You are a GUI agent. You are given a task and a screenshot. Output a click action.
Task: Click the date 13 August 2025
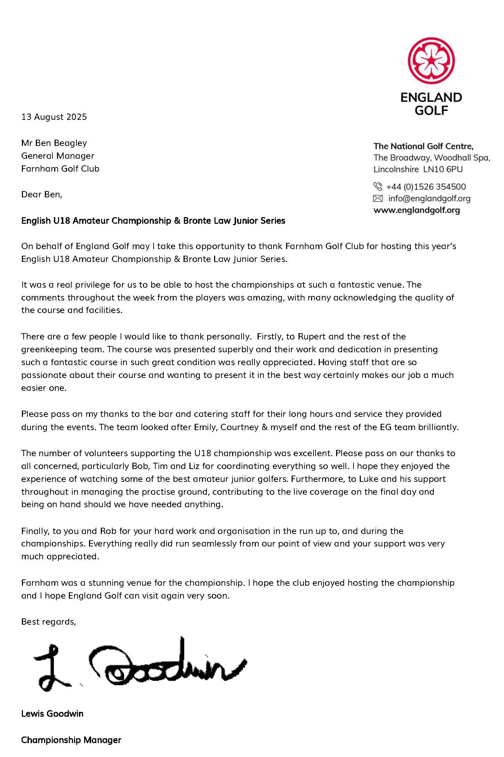[x=54, y=117]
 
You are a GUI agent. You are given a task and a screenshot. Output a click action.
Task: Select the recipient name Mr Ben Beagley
[x=54, y=143]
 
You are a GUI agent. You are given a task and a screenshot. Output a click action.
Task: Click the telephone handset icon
[x=377, y=187]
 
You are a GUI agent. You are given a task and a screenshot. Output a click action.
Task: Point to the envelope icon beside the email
[x=377, y=199]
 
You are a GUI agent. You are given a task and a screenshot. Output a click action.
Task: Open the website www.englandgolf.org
[x=416, y=210]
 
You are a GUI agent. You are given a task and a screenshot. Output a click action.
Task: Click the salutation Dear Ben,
[x=42, y=195]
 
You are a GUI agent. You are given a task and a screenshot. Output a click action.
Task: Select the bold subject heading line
[x=153, y=221]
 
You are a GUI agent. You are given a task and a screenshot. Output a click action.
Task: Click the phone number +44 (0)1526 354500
[x=426, y=187]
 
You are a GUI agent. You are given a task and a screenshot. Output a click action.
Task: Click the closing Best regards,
[x=48, y=622]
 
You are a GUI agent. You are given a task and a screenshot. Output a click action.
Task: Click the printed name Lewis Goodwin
[x=52, y=714]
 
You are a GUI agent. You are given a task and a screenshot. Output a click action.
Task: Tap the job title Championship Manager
[x=71, y=740]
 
